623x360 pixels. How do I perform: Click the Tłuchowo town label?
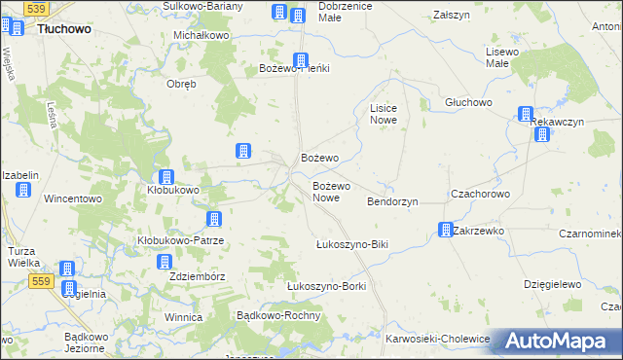coord(64,29)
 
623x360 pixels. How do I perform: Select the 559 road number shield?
coord(40,281)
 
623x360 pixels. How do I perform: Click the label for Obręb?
coord(182,84)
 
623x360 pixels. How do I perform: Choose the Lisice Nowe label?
coord(382,114)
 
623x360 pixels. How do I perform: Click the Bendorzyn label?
coord(392,201)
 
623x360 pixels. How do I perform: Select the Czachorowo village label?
coord(480,194)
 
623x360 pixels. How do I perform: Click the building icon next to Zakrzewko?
coord(445,231)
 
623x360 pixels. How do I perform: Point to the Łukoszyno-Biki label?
coord(352,243)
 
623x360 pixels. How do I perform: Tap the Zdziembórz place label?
coord(197,276)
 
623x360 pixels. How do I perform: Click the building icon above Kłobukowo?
coord(166,177)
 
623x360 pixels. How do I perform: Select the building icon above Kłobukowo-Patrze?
coord(215,220)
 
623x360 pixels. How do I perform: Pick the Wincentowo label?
coord(74,198)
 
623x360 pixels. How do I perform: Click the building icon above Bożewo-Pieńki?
coord(302,59)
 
